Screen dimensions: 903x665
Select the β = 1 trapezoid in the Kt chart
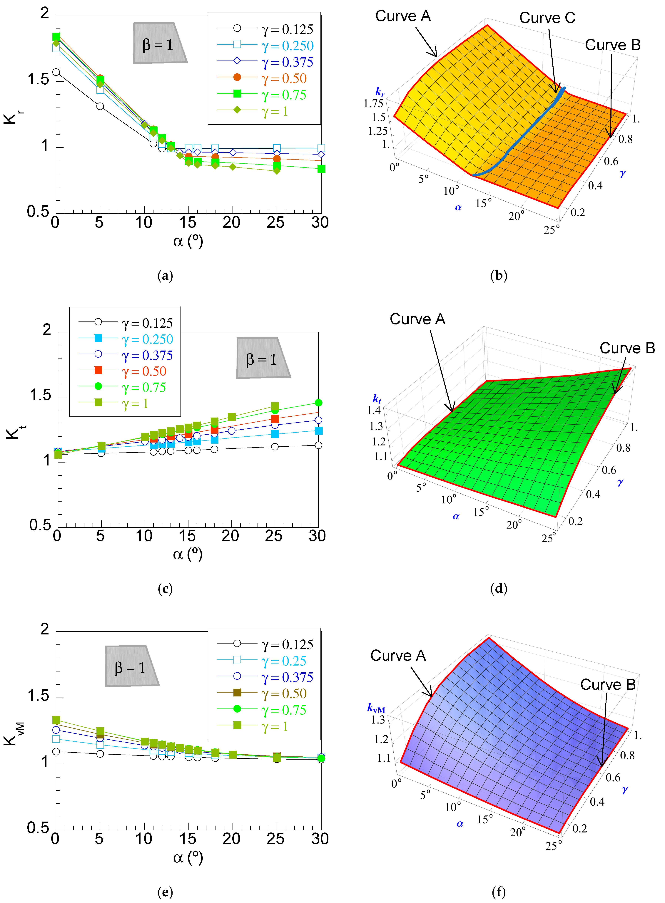point(263,358)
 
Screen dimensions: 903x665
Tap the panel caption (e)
point(165,892)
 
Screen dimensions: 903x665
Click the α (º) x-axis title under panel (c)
point(188,554)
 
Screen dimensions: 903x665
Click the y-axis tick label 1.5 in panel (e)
point(38,695)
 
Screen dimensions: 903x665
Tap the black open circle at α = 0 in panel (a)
point(56,72)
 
